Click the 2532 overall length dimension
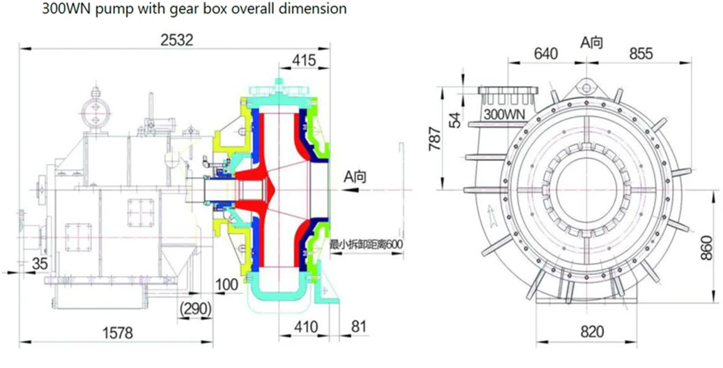(177, 40)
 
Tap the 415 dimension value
(304, 61)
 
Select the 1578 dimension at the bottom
(118, 332)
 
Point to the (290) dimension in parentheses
(196, 309)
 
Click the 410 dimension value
(305, 327)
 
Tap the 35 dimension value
(40, 263)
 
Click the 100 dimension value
(227, 284)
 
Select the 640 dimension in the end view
(546, 54)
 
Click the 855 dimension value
(641, 54)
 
